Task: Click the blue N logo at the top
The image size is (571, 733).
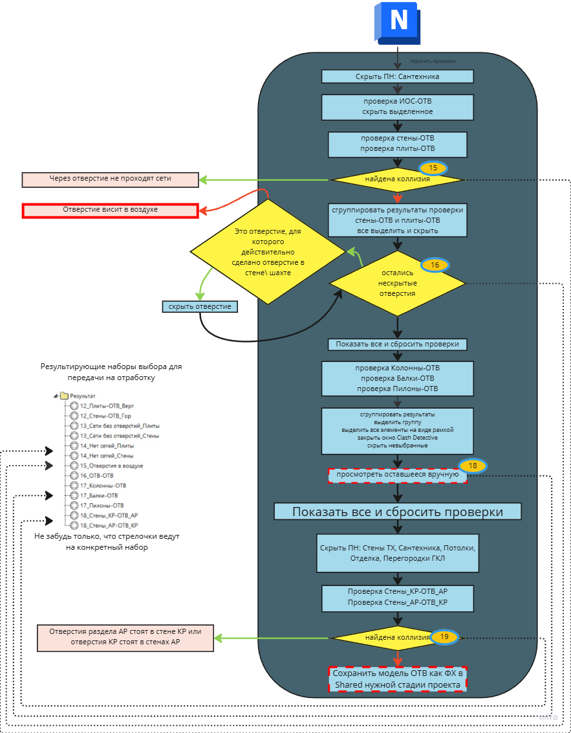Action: [397, 24]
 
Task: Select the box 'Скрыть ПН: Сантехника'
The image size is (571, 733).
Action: [398, 76]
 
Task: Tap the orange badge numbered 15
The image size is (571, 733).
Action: [433, 168]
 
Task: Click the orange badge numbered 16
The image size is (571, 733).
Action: [435, 265]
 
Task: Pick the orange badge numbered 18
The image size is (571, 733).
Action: [473, 466]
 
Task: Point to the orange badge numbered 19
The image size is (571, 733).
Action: [445, 637]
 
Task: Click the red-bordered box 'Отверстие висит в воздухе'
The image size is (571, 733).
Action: [110, 210]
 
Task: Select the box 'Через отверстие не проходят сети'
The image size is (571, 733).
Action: [110, 179]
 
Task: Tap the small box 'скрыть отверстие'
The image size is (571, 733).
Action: [200, 306]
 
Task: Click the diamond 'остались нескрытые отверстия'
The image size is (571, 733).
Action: [397, 284]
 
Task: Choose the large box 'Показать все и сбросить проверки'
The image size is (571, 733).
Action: [397, 512]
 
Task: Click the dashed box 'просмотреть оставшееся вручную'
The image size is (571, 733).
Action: [397, 475]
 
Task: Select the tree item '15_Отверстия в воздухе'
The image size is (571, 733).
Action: [111, 466]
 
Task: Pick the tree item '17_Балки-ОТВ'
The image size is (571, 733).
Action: [98, 495]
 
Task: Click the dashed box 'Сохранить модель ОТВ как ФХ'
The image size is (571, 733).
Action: [397, 679]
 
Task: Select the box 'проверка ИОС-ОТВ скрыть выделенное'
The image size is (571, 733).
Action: [397, 107]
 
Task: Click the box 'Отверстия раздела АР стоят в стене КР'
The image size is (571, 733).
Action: [125, 637]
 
